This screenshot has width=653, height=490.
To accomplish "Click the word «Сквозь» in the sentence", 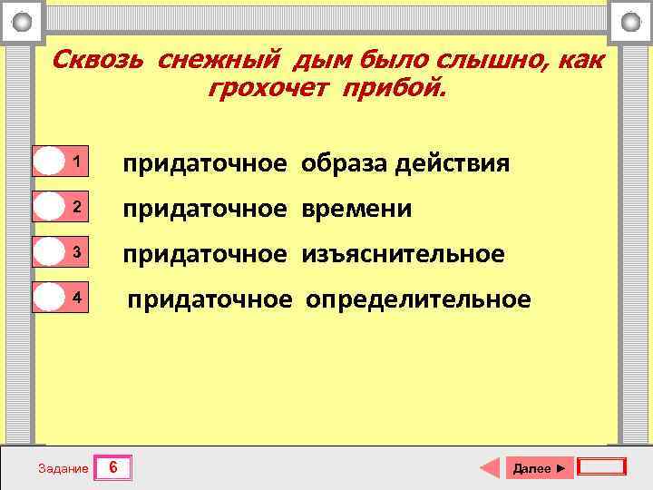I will click(x=100, y=60).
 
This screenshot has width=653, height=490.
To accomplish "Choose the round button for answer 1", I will click(x=48, y=162).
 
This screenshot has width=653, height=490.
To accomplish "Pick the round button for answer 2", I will click(x=48, y=208).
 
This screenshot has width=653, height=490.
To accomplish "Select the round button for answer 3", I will click(x=48, y=253).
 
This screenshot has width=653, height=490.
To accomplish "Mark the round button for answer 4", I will click(x=48, y=298).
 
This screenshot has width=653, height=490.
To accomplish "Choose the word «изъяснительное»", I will click(x=415, y=254).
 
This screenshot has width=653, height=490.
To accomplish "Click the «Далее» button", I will click(x=538, y=468).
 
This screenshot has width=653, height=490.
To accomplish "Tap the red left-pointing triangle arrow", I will click(x=490, y=468).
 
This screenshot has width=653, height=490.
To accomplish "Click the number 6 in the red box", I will click(x=113, y=467).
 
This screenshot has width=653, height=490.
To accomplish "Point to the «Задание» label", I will click(x=63, y=468).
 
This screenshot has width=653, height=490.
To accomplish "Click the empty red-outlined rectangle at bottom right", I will click(x=601, y=467).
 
